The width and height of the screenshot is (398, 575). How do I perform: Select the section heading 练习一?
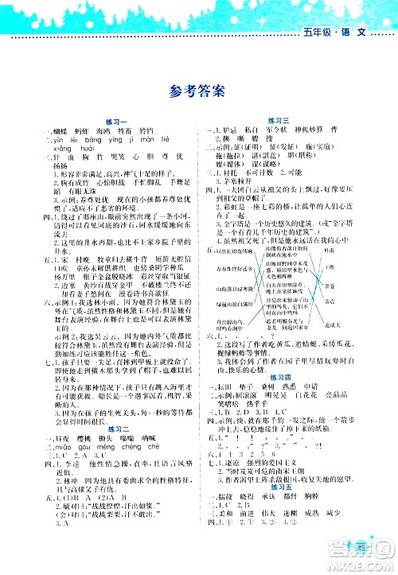(x=113, y=119)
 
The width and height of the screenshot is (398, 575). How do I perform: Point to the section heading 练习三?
(x=286, y=119)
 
